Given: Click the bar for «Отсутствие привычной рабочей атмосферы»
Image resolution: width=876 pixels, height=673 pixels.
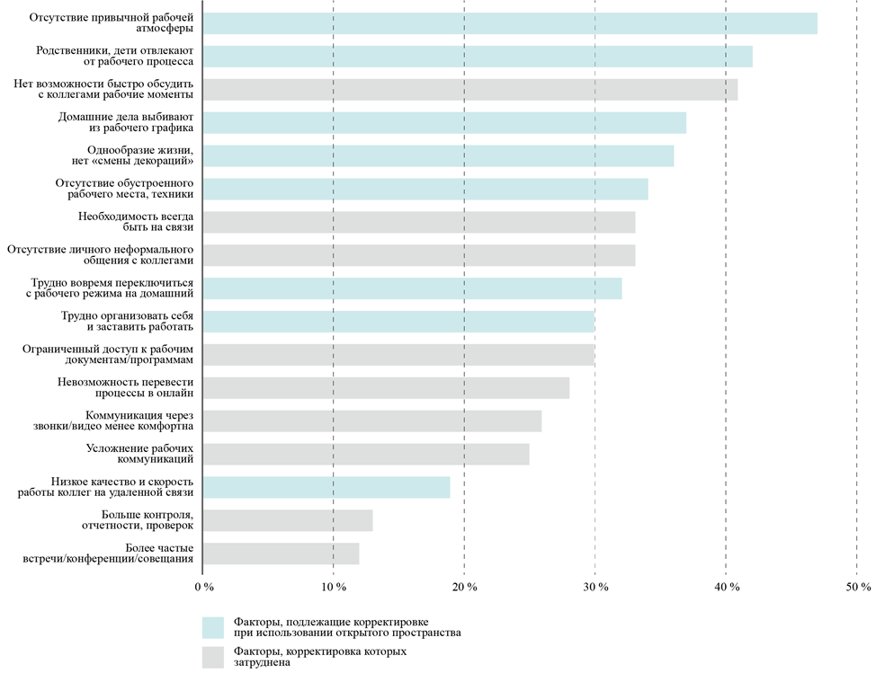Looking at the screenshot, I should tap(510, 23).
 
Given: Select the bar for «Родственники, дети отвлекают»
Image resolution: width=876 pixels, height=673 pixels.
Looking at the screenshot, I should tap(478, 57).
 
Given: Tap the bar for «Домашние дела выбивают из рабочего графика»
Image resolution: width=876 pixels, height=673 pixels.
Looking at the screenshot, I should tap(444, 122).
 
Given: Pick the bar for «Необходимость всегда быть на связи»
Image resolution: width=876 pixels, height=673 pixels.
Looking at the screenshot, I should tap(419, 222).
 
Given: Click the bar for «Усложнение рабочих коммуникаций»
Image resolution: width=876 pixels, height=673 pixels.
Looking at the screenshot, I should tap(366, 454).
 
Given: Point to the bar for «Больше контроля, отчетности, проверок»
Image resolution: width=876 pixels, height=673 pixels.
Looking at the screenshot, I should tap(288, 520).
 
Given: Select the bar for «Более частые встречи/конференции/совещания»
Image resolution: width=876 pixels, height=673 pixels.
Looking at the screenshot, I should tap(282, 553).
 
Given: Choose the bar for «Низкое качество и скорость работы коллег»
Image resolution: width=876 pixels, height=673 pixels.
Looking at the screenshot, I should tap(326, 487).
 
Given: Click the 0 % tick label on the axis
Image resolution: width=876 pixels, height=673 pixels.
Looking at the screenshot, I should tap(204, 587).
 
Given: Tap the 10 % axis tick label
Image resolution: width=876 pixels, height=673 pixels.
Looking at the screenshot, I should tap(334, 587).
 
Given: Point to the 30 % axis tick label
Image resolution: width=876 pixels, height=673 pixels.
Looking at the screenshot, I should tap(595, 587).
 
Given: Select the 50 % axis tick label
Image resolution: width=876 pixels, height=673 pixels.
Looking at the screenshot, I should tap(858, 587).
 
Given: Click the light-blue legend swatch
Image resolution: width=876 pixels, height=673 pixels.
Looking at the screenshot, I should tap(213, 627).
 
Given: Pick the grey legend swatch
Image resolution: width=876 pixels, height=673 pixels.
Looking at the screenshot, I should tap(213, 657).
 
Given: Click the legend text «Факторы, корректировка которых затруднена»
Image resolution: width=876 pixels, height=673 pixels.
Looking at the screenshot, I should tap(319, 657).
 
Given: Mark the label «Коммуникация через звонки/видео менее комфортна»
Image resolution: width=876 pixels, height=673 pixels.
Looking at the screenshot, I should tap(139, 421).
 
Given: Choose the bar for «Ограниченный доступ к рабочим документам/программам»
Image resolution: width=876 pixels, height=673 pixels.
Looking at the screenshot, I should tap(398, 355).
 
